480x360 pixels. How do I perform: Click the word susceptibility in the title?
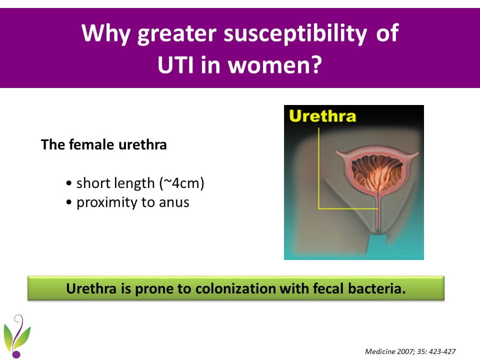[x=295, y=33]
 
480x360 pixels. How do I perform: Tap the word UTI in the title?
[x=175, y=64]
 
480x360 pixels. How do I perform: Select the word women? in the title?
[x=275, y=64]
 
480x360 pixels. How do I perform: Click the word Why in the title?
[x=106, y=33]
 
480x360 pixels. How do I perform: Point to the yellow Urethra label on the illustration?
[x=322, y=116]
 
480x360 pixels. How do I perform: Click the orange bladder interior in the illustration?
[x=377, y=171]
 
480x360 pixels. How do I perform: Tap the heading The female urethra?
[x=104, y=144]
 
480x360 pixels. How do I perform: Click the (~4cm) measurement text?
[x=181, y=183]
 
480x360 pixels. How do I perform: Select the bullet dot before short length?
[x=69, y=183]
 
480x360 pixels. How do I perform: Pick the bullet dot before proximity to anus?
[x=69, y=202]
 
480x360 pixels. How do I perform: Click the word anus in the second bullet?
[x=174, y=202]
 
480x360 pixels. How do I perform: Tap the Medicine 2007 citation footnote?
[x=410, y=351]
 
